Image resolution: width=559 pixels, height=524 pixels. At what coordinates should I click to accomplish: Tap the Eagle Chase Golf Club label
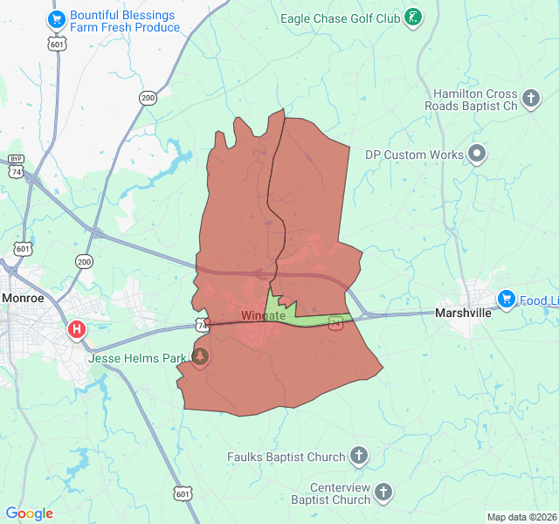[341, 17]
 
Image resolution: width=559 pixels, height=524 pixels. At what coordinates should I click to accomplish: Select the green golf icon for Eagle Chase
[414, 16]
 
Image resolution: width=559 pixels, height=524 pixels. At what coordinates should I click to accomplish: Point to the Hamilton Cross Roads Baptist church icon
[532, 97]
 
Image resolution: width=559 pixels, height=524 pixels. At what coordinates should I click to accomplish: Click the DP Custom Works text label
[414, 155]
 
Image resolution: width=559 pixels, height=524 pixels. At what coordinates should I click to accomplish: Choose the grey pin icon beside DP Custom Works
[477, 155]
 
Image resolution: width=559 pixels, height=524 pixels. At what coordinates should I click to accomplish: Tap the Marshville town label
[464, 313]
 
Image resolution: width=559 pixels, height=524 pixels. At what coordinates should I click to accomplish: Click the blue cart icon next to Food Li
[506, 300]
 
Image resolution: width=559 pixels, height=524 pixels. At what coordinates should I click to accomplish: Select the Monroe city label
[23, 298]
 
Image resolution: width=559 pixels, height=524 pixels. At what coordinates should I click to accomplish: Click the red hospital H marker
[77, 330]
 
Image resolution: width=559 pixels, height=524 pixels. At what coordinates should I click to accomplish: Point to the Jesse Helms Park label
[137, 358]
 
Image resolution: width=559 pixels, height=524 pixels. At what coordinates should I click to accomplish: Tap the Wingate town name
[263, 315]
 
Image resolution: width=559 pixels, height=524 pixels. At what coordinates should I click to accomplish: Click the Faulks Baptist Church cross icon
[359, 455]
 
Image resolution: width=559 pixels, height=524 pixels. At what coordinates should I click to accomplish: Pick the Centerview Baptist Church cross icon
[385, 493]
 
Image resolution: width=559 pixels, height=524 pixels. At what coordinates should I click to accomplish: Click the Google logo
[29, 514]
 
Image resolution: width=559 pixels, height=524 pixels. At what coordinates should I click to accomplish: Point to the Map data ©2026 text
[521, 517]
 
